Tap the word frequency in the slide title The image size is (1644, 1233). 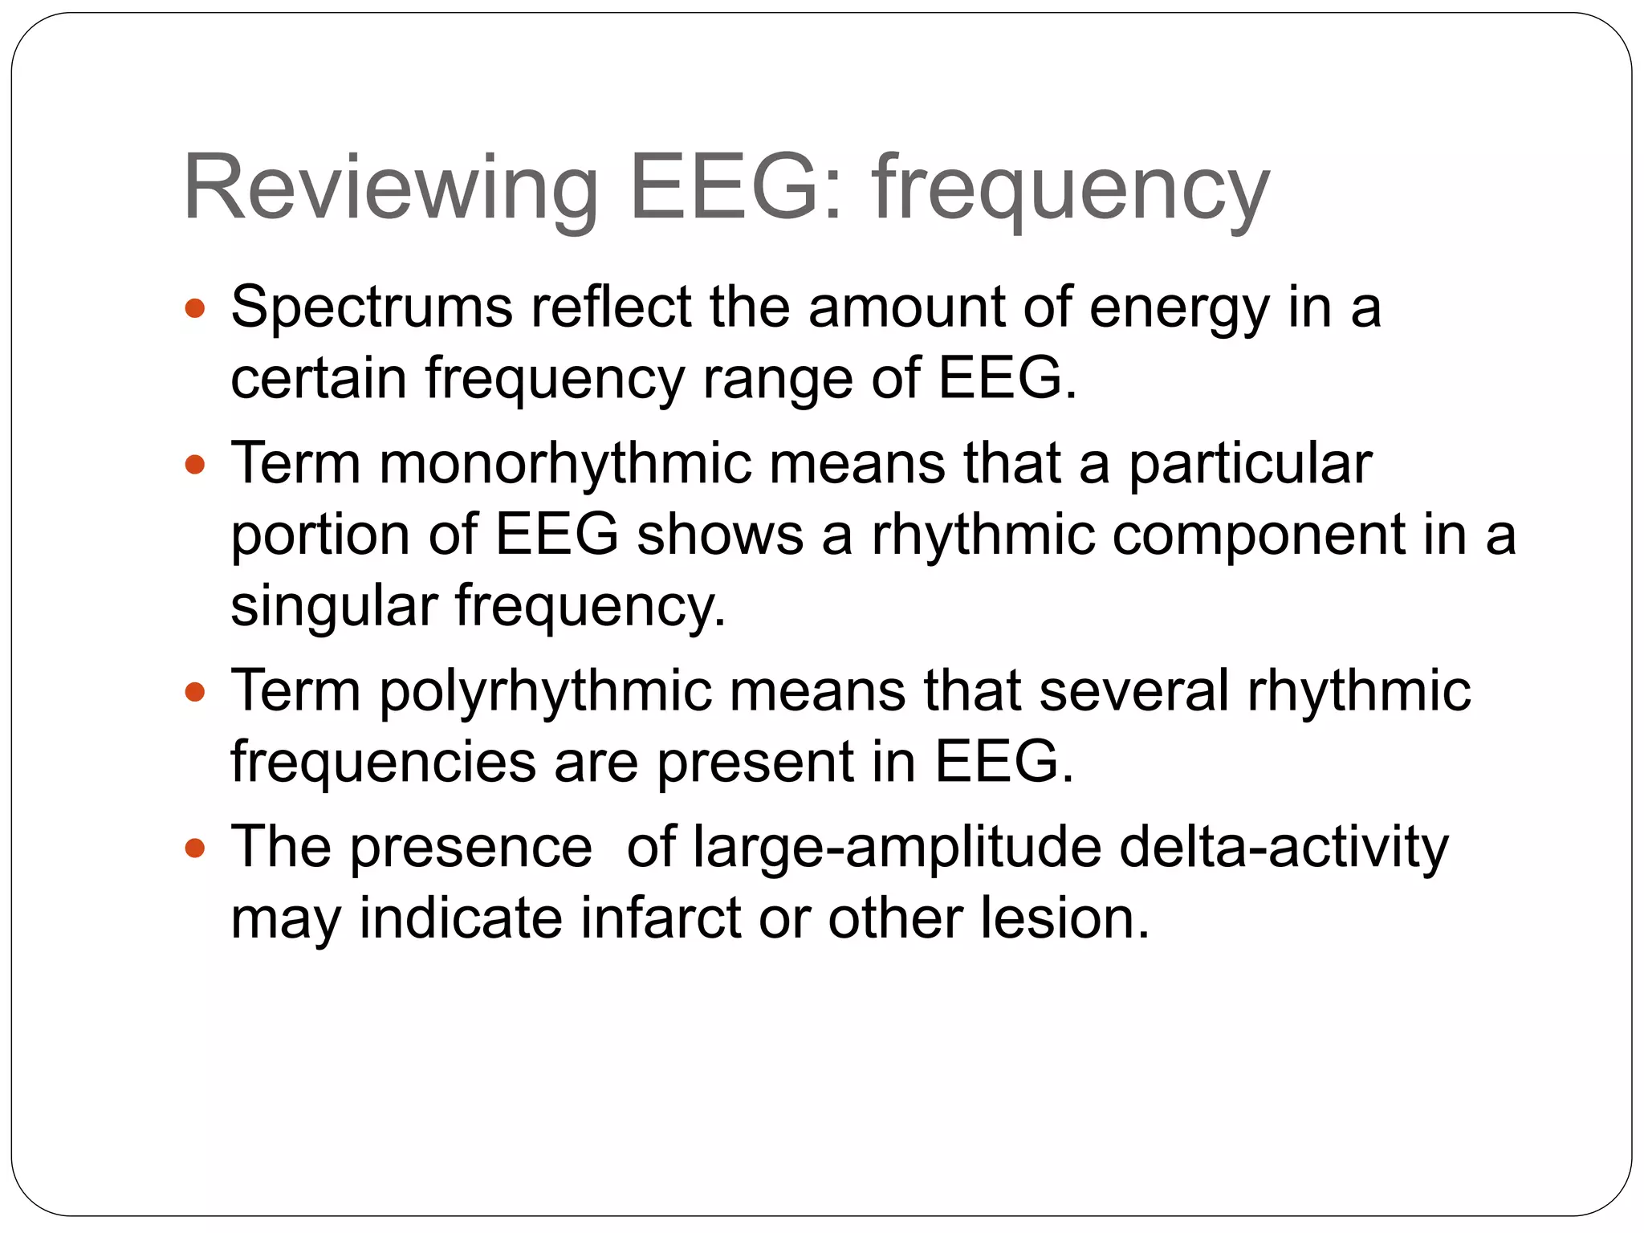click(x=1071, y=190)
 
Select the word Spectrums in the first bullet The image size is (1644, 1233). click(x=372, y=308)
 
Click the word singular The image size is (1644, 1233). click(x=334, y=606)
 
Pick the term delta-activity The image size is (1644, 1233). click(x=1284, y=848)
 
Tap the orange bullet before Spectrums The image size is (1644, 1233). click(x=195, y=307)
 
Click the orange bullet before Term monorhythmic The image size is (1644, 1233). click(x=195, y=465)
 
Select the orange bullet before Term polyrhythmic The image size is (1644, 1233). click(x=195, y=691)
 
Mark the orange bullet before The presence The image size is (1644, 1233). click(x=195, y=848)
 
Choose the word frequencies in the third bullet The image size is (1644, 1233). click(x=384, y=762)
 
